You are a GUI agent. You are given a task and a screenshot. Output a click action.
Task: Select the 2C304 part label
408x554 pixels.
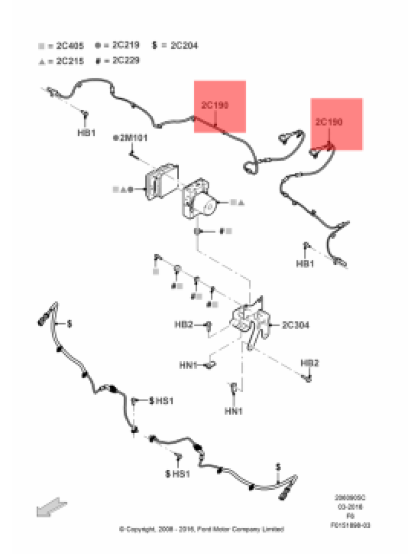click(296, 325)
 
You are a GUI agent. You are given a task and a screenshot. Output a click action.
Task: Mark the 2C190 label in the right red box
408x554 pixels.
click(329, 121)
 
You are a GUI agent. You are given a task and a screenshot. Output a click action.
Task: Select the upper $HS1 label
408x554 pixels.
click(161, 400)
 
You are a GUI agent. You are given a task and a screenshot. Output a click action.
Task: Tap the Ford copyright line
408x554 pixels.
click(202, 529)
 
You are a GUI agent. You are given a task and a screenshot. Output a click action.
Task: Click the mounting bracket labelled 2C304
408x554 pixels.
click(252, 324)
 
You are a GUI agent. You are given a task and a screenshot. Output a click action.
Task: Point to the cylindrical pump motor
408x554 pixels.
click(208, 206)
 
